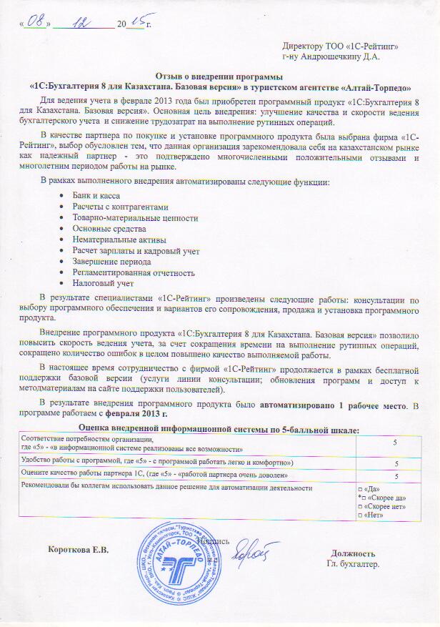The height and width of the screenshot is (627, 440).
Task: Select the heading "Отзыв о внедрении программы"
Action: pyautogui.click(x=219, y=76)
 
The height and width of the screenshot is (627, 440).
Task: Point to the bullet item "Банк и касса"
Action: pyautogui.click(x=96, y=195)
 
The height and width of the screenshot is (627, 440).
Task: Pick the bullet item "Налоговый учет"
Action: pyautogui.click(x=102, y=284)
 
